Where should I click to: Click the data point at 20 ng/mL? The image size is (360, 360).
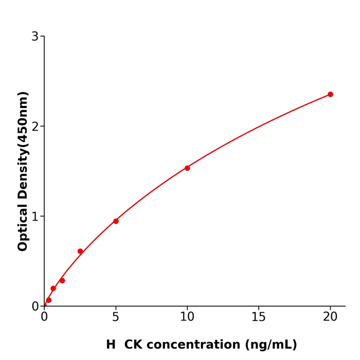coord(330,95)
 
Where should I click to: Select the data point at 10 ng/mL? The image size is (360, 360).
coord(187,168)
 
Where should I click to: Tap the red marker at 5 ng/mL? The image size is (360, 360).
coord(116,221)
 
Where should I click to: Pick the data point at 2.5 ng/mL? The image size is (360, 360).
coord(80,251)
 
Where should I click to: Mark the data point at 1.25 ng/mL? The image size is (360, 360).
coord(62,281)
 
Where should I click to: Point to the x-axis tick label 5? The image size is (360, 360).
coord(116,317)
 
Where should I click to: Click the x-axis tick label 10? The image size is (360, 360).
coord(187,317)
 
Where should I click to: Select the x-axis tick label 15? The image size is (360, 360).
coord(259,317)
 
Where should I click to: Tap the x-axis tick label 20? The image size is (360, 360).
coord(330,317)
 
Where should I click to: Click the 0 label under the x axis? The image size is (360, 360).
coord(44,317)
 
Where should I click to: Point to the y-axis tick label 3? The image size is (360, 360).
coord(35,37)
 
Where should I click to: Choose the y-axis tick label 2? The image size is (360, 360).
coord(35,127)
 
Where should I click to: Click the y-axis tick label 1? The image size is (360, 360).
coord(35,217)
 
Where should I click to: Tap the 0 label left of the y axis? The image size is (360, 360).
coord(35,307)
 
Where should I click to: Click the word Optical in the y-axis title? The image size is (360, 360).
coord(23,227)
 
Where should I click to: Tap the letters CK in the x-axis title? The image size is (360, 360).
coord(133,345)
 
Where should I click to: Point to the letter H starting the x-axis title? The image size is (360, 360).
coord(111,345)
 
